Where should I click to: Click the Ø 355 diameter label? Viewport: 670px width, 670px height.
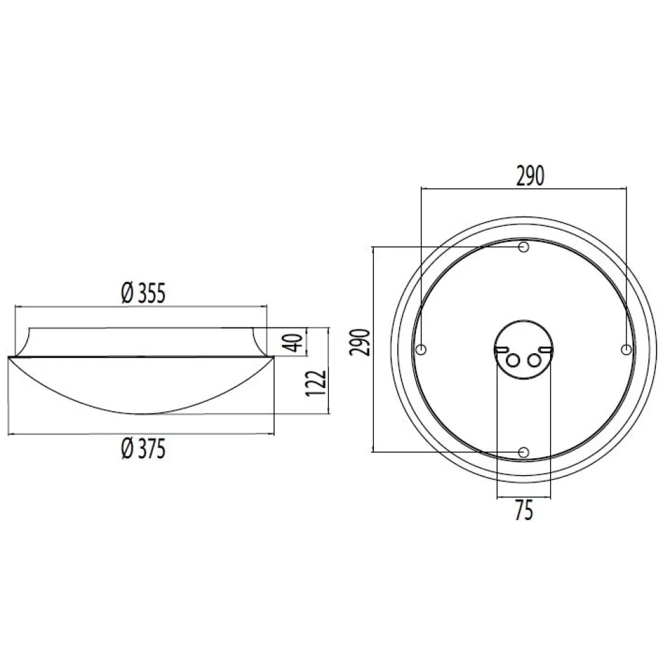click(143, 293)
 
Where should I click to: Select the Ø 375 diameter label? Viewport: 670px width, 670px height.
click(143, 449)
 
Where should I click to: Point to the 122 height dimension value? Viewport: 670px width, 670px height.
click(317, 383)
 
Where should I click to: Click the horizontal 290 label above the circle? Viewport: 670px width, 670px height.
click(530, 176)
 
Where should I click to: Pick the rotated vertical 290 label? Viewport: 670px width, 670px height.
click(359, 342)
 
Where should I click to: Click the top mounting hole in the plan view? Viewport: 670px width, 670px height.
click(523, 247)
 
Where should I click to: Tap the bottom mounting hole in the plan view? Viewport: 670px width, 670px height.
click(523, 452)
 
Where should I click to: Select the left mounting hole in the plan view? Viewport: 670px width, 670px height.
click(421, 350)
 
